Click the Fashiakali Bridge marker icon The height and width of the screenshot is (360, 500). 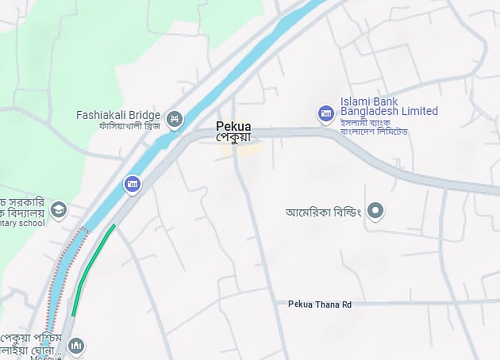pyautogui.click(x=175, y=121)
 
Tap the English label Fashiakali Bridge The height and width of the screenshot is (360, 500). pyautogui.click(x=118, y=115)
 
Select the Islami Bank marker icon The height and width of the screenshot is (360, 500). pyautogui.click(x=325, y=114)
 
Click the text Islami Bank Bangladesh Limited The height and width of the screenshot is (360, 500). pyautogui.click(x=389, y=106)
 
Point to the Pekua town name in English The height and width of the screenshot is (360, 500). pyautogui.click(x=234, y=125)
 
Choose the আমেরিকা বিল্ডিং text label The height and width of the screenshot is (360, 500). pyautogui.click(x=323, y=212)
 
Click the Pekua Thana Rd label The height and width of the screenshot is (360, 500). pyautogui.click(x=319, y=304)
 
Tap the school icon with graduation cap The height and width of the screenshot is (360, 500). pyautogui.click(x=59, y=210)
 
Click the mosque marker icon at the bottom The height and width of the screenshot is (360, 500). pyautogui.click(x=76, y=346)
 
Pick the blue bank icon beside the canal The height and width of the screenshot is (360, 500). pyautogui.click(x=133, y=185)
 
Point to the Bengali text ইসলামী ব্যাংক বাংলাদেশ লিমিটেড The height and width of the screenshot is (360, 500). pyautogui.click(x=373, y=126)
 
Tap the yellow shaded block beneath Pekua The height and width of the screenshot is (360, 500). pyautogui.click(x=238, y=149)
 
